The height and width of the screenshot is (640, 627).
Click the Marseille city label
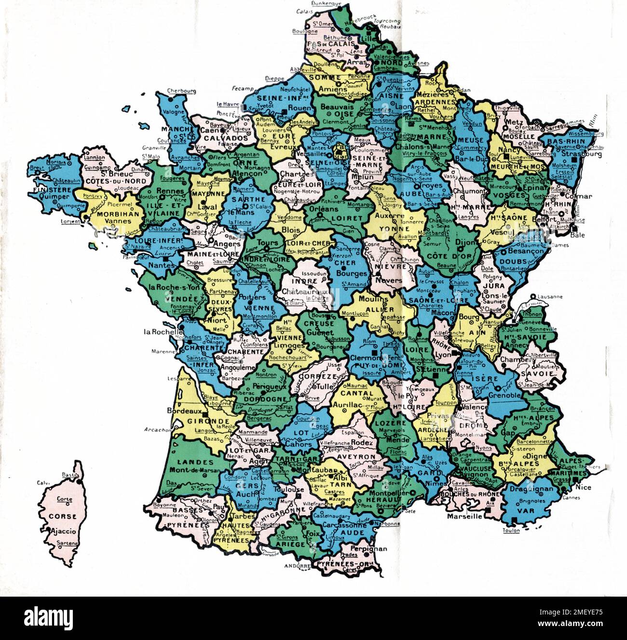(464, 516)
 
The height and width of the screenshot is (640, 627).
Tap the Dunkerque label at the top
(327, 3)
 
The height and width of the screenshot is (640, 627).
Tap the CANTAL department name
(357, 393)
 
